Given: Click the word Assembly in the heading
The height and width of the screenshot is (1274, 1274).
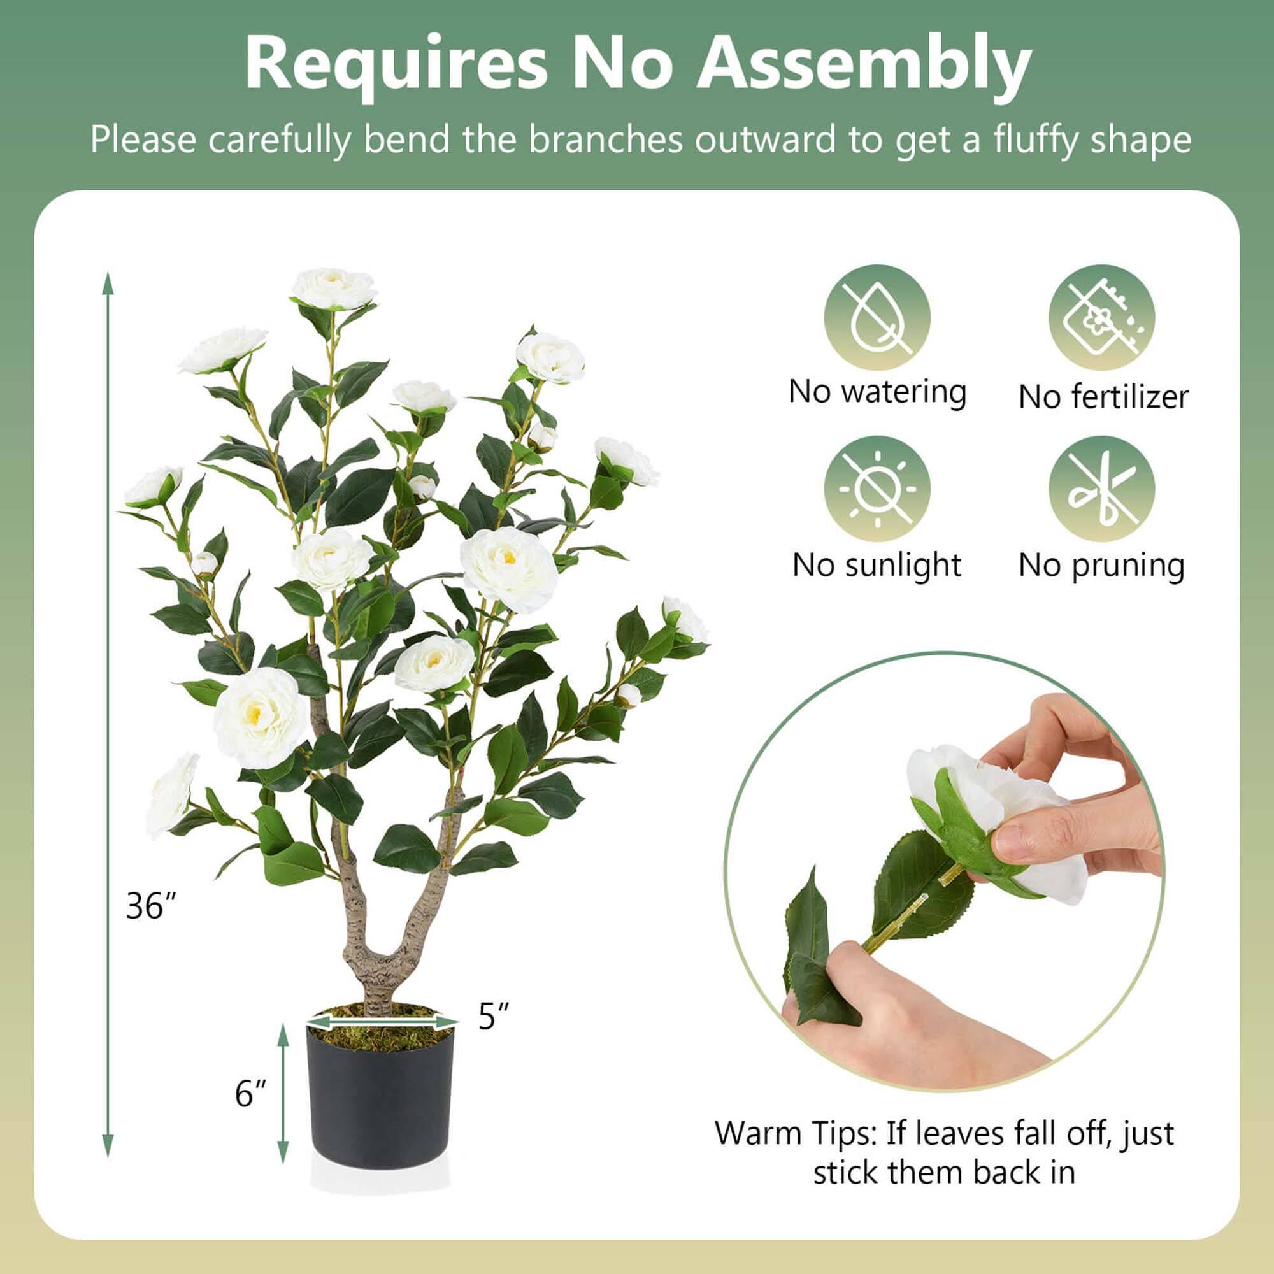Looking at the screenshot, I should pyautogui.click(x=864, y=64).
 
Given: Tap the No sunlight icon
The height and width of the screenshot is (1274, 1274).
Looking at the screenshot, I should pyautogui.click(x=877, y=489).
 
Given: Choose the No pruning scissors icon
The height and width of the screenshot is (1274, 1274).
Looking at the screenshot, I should pyautogui.click(x=1101, y=489).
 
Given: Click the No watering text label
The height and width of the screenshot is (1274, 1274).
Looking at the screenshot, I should pyautogui.click(x=877, y=392).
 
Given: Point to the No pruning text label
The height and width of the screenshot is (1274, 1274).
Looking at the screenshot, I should pyautogui.click(x=1101, y=565).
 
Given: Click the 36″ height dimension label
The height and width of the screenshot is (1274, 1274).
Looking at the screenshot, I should pyautogui.click(x=151, y=905).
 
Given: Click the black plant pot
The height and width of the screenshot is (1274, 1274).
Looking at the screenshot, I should pyautogui.click(x=380, y=1108).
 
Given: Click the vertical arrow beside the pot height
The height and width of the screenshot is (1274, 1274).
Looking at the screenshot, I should pyautogui.click(x=283, y=1094).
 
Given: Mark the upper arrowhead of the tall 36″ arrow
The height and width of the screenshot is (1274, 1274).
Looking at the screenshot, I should pyautogui.click(x=108, y=282).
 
